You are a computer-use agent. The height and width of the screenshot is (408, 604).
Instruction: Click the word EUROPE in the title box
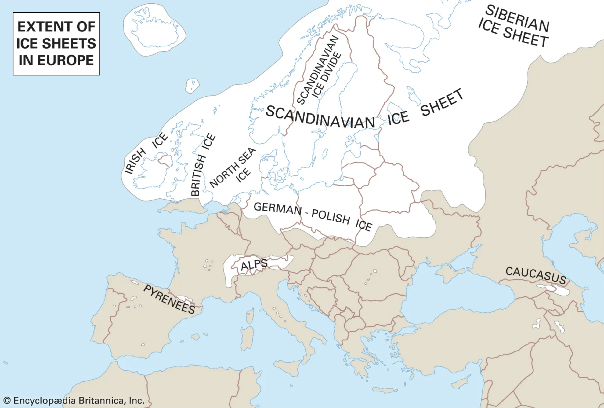click(x=66, y=60)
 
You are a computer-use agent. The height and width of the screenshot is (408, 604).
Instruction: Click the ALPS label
click(x=254, y=264)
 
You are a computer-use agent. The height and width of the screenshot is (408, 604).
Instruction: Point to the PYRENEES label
click(x=169, y=299)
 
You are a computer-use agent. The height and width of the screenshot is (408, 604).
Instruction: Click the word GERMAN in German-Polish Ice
click(x=277, y=208)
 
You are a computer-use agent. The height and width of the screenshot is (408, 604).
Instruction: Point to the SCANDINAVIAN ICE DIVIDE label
click(x=319, y=70)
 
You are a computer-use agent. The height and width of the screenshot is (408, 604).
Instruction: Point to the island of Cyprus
click(x=461, y=381)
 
